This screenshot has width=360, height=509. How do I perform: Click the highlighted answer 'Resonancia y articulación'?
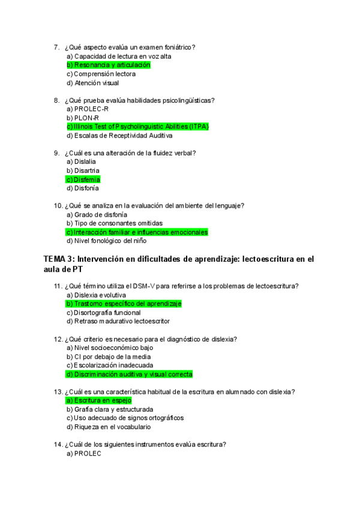coord(109,65)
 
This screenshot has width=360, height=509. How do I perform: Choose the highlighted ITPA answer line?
coord(137,127)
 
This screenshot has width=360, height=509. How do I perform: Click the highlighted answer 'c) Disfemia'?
coord(83,179)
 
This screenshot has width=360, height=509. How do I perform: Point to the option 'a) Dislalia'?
coord(82,162)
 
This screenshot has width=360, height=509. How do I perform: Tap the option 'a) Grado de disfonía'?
coord(97,214)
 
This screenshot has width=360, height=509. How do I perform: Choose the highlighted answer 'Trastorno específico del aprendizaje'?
coord(124,304)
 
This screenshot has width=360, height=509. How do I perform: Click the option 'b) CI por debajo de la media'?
coord(109,357)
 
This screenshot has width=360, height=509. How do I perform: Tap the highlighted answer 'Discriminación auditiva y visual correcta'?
coord(129,374)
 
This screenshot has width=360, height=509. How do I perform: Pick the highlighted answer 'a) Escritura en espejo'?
coord(99,400)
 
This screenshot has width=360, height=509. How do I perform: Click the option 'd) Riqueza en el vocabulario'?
coord(109,427)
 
